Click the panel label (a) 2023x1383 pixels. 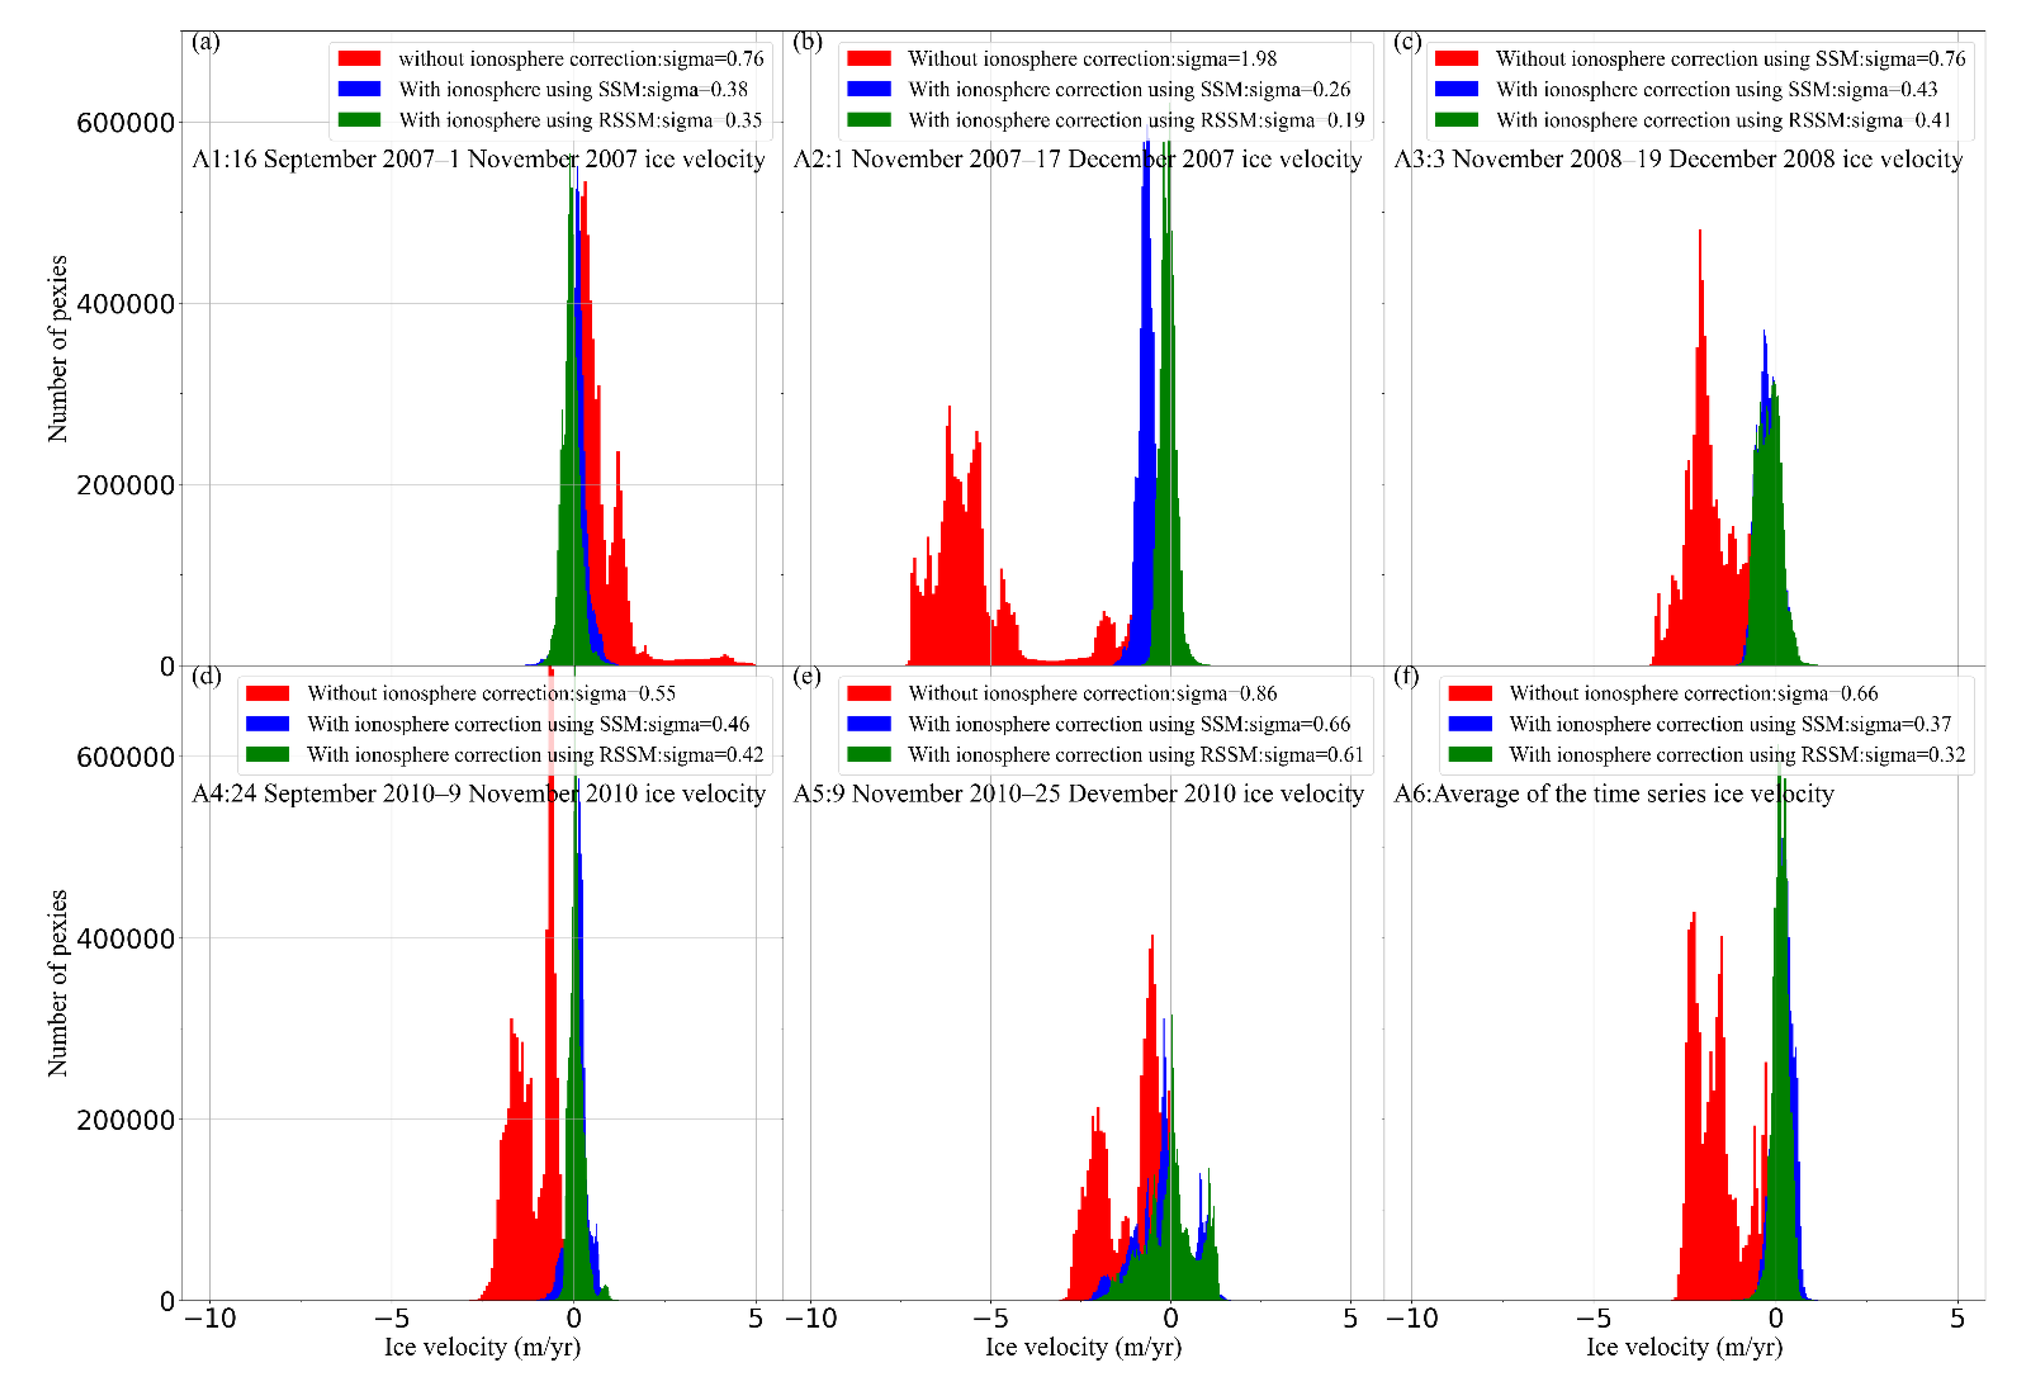pyautogui.click(x=205, y=42)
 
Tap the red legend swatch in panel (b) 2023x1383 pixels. pyautogui.click(x=869, y=58)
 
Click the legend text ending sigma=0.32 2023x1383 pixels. pyautogui.click(x=1736, y=754)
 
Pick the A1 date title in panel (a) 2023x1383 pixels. pyautogui.click(x=478, y=159)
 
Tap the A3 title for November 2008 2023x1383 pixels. pyautogui.click(x=1678, y=159)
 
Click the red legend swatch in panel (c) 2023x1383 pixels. pyautogui.click(x=1456, y=58)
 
